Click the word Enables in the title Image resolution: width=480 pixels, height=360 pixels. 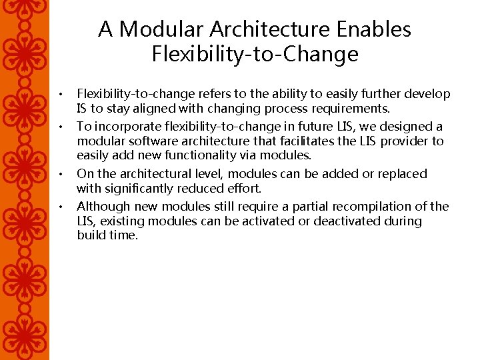(x=375, y=29)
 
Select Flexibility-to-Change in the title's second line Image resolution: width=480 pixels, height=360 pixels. (x=255, y=53)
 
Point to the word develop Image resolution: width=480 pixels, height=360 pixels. (x=425, y=94)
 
